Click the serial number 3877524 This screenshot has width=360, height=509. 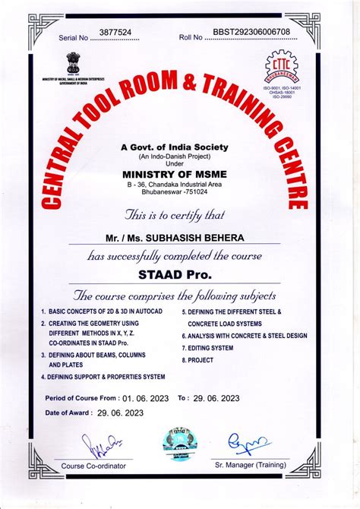(x=116, y=33)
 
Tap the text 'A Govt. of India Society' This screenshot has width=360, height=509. (x=179, y=147)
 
